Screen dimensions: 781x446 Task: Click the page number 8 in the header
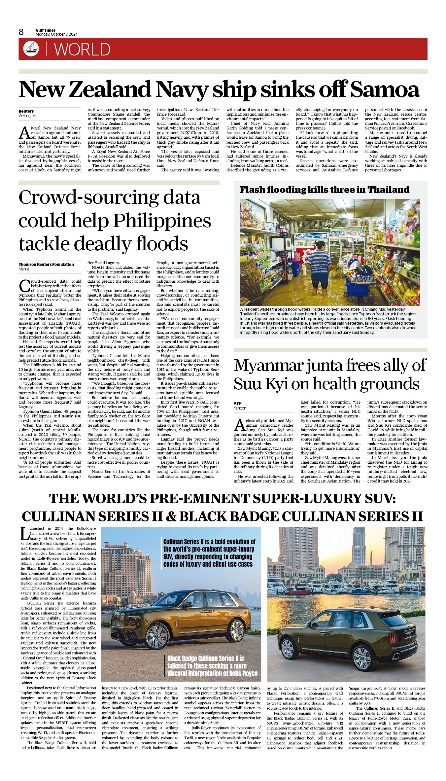[x=21, y=32]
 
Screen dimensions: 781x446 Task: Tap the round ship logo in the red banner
[x=31, y=49]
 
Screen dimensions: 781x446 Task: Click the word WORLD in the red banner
[x=82, y=50]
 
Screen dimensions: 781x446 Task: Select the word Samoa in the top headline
[x=385, y=90]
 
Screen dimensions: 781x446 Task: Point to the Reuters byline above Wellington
[x=26, y=111]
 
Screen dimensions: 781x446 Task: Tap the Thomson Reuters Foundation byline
[x=46, y=264]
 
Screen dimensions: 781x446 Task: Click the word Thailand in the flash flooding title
[x=388, y=190]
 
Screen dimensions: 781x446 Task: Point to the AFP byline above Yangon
[x=238, y=403]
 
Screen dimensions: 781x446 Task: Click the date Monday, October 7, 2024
[x=56, y=34]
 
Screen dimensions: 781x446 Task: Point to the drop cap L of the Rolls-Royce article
[x=23, y=533]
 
